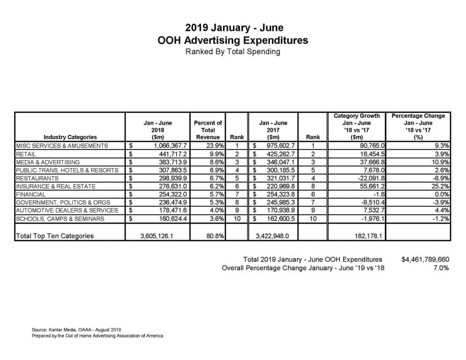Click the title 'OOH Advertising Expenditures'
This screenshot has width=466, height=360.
pos(233,40)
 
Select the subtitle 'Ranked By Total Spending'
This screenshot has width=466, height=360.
pos(233,51)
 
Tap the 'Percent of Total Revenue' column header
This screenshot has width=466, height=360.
pos(208,130)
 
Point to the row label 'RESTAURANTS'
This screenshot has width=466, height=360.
pos(37,178)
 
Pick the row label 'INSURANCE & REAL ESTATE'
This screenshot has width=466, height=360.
pos(56,186)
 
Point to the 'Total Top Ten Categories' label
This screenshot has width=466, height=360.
pos(55,236)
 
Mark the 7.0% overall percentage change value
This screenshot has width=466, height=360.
pos(441,268)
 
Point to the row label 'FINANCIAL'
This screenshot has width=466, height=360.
pos(31,194)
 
